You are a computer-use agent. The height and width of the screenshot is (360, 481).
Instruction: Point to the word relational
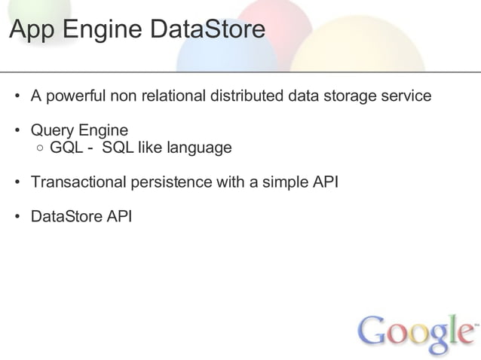[171, 96]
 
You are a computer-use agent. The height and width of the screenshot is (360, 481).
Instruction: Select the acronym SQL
[117, 148]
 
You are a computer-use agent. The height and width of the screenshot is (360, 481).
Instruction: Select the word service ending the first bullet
[406, 96]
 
